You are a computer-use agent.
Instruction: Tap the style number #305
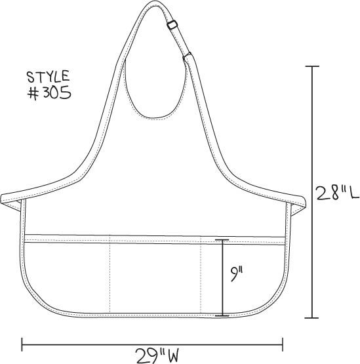coord(49,92)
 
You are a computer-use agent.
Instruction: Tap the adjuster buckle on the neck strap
coord(172,25)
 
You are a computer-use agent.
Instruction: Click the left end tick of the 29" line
coord(24,342)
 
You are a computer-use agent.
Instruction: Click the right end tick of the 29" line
coord(283,342)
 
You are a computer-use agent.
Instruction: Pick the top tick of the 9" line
coord(224,240)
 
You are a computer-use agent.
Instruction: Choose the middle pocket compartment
coord(155,275)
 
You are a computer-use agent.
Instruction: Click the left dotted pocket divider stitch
coord(110,275)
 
